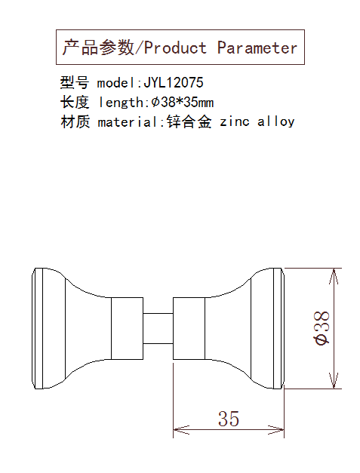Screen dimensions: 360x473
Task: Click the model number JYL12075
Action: (x=174, y=82)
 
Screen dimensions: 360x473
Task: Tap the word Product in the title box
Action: (x=175, y=48)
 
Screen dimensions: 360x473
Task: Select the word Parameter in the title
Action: (x=257, y=48)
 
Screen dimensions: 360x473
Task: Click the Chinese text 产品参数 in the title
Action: (x=98, y=48)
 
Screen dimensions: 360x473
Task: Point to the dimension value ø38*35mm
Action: (x=183, y=103)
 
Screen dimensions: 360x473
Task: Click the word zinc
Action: (x=235, y=122)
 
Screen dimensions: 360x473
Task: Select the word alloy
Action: (x=275, y=122)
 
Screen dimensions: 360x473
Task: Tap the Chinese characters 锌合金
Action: (x=189, y=122)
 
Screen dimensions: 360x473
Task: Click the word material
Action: (x=131, y=122)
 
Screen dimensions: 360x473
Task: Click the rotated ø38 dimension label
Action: (x=322, y=328)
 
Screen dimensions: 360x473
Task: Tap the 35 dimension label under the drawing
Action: (x=229, y=419)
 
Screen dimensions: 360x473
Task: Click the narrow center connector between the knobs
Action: (x=158, y=328)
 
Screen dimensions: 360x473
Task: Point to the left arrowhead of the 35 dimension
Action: (x=181, y=429)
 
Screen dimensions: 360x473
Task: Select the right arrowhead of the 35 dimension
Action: (x=276, y=429)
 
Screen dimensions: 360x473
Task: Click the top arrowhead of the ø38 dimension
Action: (x=334, y=276)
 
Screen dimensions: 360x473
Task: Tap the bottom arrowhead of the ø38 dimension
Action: (x=334, y=381)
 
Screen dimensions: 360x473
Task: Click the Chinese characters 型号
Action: (x=75, y=82)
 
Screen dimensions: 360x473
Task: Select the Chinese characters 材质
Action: (x=75, y=122)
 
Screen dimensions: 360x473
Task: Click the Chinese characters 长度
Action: (x=75, y=103)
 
